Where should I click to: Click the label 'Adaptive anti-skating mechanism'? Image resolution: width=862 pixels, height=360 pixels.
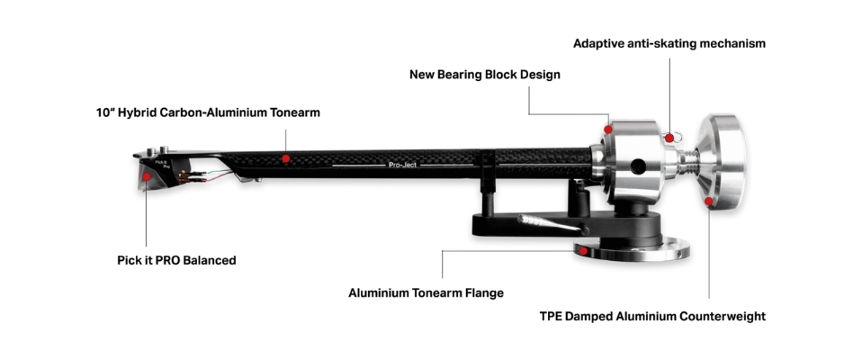pos(669,43)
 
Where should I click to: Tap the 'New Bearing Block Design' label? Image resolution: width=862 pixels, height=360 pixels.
pos(485,74)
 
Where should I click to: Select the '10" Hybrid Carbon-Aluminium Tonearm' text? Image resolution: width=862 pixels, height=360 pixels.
pos(208,112)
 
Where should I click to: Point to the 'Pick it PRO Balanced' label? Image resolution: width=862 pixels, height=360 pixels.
pos(176,260)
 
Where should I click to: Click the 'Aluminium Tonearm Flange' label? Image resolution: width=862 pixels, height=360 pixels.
pos(427,292)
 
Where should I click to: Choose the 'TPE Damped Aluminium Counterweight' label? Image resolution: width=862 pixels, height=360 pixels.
pos(653,317)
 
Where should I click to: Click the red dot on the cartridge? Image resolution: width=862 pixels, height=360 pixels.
pos(147,176)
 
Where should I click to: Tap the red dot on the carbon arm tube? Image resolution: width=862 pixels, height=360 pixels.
pos(286,158)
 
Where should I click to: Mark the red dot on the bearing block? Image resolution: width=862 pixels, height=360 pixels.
pos(608,130)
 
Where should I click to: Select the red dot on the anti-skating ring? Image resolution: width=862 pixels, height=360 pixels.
pos(669,138)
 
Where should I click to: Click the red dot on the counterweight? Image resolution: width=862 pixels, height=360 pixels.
pos(709,202)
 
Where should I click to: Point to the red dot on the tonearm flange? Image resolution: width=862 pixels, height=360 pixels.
pos(583,251)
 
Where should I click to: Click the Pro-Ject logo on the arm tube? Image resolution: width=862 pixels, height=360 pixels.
pos(402,165)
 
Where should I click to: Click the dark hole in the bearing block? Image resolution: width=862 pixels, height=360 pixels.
pos(637,166)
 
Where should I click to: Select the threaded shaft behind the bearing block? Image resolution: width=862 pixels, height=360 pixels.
pos(686,161)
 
